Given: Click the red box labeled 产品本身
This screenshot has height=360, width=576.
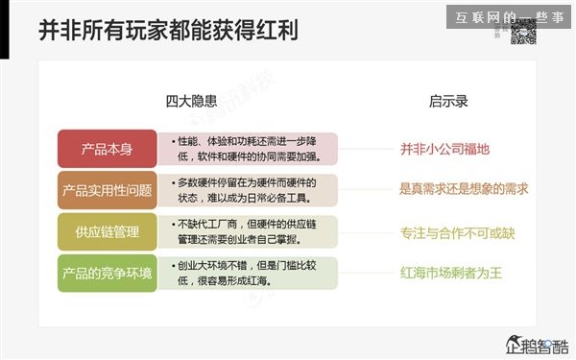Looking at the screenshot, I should pyautogui.click(x=107, y=149).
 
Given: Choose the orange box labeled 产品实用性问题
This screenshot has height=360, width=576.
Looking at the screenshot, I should pyautogui.click(x=107, y=190).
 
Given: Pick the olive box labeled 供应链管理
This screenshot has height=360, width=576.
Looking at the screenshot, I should pyautogui.click(x=107, y=231).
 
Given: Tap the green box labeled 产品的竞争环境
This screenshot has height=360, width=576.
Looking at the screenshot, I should pyautogui.click(x=107, y=273).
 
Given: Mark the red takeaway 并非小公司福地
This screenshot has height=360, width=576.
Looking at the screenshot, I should pyautogui.click(x=444, y=149).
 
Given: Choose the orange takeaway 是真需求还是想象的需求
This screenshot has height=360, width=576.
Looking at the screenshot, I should pyautogui.click(x=464, y=189).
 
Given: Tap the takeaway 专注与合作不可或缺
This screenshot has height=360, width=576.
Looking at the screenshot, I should pyautogui.click(x=457, y=231).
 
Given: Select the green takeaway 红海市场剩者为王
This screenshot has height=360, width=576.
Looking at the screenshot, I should pyautogui.click(x=450, y=273).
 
